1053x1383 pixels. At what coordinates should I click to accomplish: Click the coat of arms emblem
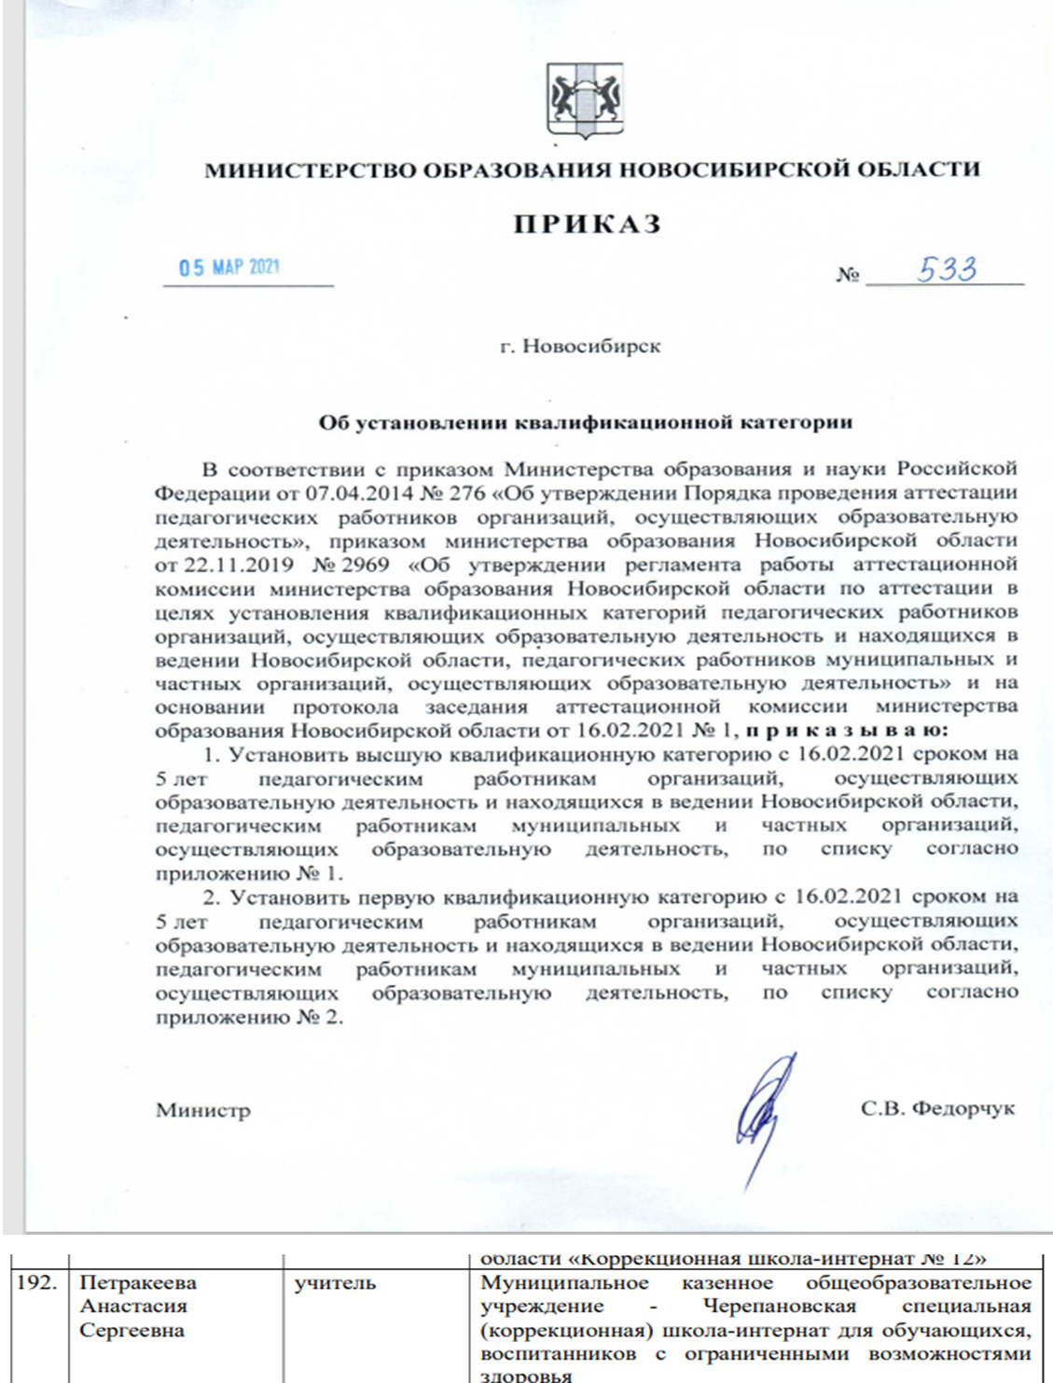pyautogui.click(x=585, y=101)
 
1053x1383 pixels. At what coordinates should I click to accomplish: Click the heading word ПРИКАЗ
pyautogui.click(x=588, y=225)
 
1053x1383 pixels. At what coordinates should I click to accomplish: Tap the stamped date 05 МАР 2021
pyautogui.click(x=229, y=267)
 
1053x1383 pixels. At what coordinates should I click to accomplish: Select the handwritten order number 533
pyautogui.click(x=946, y=270)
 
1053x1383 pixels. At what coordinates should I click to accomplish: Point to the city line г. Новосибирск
pyautogui.click(x=580, y=347)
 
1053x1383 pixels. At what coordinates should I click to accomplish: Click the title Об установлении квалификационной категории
pyautogui.click(x=585, y=422)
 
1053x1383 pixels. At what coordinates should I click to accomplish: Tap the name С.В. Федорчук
pyautogui.click(x=937, y=1109)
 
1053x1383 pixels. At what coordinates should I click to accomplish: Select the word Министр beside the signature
pyautogui.click(x=203, y=1111)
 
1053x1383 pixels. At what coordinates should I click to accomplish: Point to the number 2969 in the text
pyautogui.click(x=366, y=565)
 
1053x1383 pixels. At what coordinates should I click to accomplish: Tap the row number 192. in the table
pyautogui.click(x=37, y=1282)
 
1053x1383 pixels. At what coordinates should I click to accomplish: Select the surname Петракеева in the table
pyautogui.click(x=138, y=1282)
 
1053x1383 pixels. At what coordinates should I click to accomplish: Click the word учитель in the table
pyautogui.click(x=335, y=1283)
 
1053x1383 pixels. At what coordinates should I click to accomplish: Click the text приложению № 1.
pyautogui.click(x=249, y=874)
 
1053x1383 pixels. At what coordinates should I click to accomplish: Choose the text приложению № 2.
pyautogui.click(x=249, y=1018)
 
